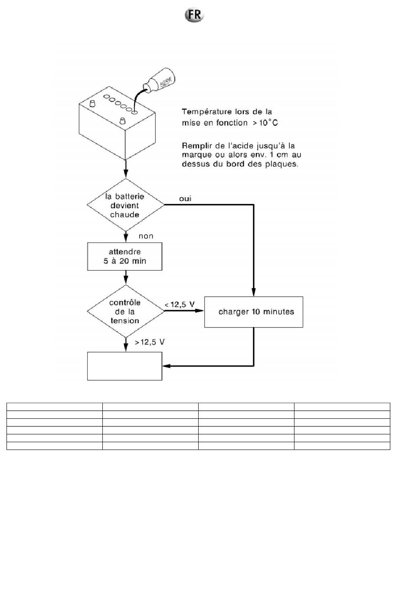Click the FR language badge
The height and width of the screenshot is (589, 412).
(x=194, y=15)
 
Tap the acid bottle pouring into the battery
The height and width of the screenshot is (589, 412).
(x=159, y=80)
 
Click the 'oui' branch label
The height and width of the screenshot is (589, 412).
(x=185, y=199)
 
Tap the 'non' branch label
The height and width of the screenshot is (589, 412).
(x=146, y=236)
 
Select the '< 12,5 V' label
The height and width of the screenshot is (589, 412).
(x=180, y=304)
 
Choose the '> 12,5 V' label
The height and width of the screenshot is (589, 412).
(x=150, y=342)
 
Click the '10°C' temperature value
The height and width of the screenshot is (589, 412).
(x=268, y=123)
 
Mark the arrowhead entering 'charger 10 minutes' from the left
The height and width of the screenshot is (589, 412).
(x=199, y=311)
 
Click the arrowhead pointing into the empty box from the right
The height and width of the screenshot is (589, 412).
(x=167, y=366)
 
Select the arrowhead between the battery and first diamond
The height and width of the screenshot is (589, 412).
(x=126, y=173)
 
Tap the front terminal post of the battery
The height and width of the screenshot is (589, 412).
(x=122, y=121)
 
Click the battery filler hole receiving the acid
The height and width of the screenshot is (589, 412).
(x=134, y=113)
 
